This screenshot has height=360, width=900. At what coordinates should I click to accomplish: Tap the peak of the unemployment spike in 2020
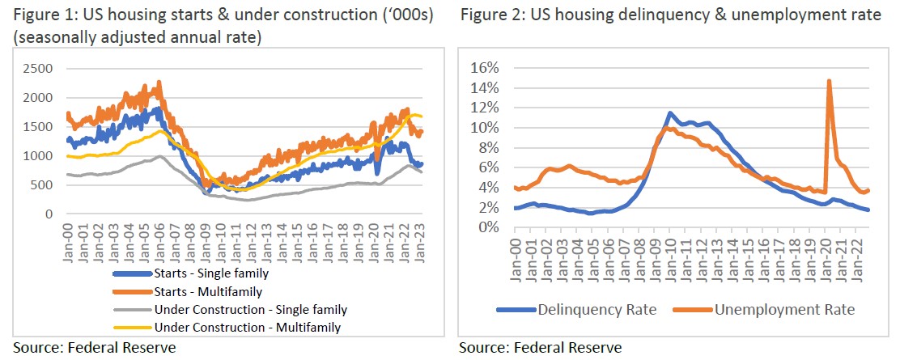[829, 80]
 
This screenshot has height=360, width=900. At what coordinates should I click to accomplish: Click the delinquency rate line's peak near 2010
[670, 113]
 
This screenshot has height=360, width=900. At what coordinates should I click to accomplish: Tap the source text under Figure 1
[94, 348]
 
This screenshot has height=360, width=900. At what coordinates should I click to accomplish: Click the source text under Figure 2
[540, 348]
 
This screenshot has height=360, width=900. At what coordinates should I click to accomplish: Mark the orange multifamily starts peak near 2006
[159, 81]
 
